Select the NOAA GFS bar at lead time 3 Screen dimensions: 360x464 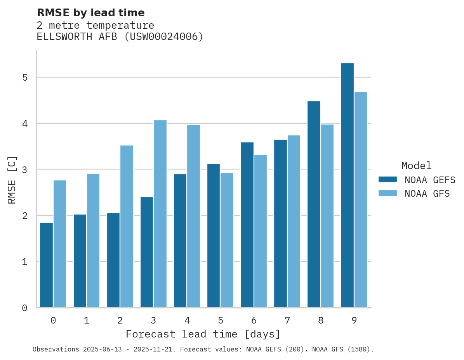[160, 214]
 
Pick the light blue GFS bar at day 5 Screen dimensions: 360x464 [227, 240]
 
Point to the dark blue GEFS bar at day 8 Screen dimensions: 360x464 [314, 204]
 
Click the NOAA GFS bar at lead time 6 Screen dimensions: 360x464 [260, 231]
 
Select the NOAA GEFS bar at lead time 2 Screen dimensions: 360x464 [113, 260]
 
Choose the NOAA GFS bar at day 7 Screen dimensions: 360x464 [294, 222]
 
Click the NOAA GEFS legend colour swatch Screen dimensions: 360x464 [388, 180]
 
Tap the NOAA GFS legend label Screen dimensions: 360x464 [427, 194]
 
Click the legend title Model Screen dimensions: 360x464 [416, 166]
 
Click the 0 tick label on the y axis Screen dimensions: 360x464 [24, 308]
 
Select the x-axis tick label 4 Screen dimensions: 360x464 [187, 320]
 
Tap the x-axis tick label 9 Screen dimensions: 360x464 [354, 320]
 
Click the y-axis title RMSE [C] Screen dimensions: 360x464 [12, 179]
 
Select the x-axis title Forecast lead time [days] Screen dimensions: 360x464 [203, 334]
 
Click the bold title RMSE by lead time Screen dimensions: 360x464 [91, 13]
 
